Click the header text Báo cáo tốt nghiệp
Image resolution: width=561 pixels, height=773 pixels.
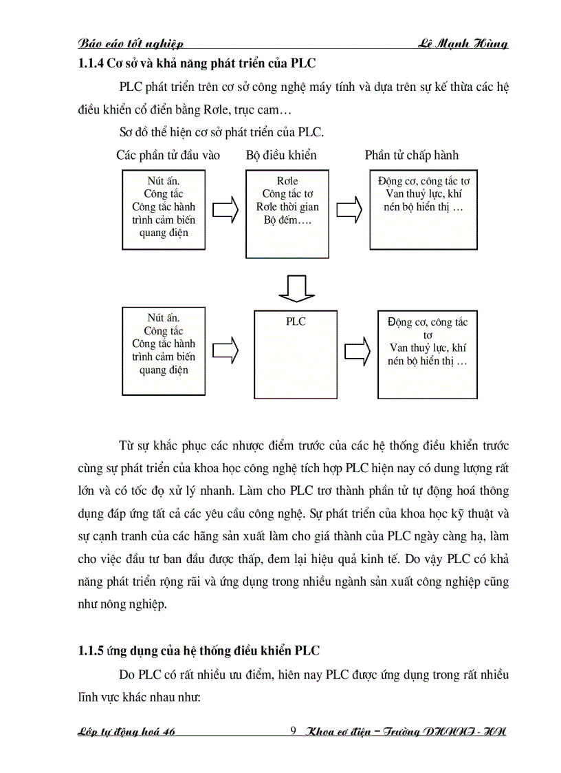(131, 44)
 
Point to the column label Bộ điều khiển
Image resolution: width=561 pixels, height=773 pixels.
(281, 155)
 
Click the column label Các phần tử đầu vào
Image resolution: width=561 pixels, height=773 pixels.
(168, 155)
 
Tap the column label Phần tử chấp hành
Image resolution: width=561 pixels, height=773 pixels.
(411, 155)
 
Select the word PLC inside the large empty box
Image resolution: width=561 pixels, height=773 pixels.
(296, 321)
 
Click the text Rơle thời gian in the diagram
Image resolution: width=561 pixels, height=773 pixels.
(287, 207)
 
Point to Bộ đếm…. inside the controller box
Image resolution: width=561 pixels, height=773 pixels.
(287, 220)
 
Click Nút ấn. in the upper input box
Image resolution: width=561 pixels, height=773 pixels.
(164, 181)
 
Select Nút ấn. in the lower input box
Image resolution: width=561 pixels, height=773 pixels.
(164, 318)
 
